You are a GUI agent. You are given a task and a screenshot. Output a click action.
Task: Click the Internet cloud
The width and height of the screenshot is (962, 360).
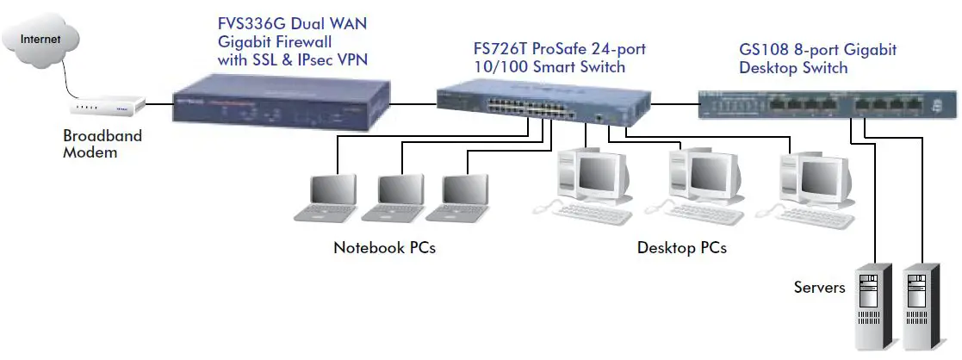(40, 39)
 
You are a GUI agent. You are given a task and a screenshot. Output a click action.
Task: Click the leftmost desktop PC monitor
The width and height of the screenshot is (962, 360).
(595, 174)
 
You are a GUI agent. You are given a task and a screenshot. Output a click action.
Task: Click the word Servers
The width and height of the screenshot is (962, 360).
(819, 287)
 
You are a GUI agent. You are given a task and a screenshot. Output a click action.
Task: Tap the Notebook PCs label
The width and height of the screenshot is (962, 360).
(384, 248)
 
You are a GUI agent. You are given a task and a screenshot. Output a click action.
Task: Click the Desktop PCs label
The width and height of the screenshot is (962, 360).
(681, 248)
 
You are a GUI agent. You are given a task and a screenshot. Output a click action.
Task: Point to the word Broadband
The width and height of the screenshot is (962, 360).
(102, 136)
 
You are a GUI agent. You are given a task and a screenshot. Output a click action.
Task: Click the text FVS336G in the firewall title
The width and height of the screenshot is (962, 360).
(253, 24)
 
